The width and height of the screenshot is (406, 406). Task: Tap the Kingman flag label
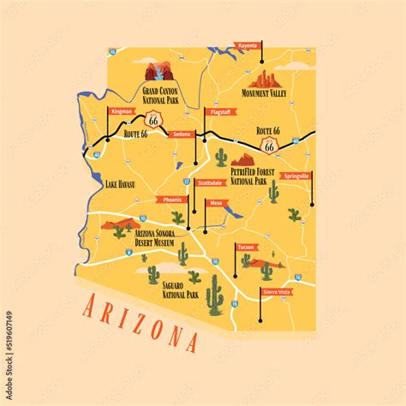(121, 110)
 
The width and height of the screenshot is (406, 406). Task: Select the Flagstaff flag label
(219, 111)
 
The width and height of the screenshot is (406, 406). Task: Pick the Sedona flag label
(182, 134)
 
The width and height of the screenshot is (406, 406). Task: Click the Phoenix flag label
(171, 200)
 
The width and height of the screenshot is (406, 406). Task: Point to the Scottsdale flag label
(210, 182)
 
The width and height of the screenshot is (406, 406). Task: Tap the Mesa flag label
(216, 204)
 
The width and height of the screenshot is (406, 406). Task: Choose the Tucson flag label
(246, 247)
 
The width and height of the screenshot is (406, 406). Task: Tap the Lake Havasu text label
(122, 183)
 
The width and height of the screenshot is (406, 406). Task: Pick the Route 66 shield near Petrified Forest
(270, 146)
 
